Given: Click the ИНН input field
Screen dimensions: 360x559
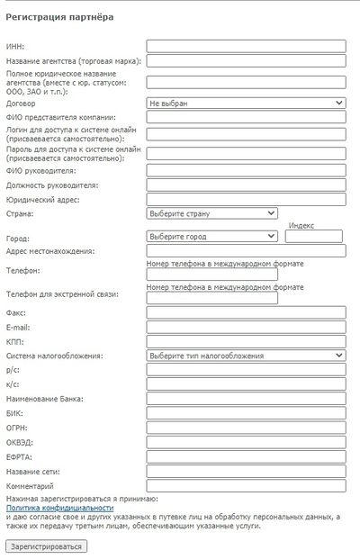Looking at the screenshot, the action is (x=246, y=46).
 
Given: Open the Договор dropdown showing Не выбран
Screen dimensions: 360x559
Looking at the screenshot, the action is (x=246, y=104).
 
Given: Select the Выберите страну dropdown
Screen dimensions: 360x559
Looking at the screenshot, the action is (x=211, y=213).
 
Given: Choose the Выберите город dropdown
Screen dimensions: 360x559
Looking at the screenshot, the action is (x=211, y=237).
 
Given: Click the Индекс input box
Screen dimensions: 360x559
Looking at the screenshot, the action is (x=314, y=237).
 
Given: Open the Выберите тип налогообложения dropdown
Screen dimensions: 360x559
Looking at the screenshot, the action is (x=246, y=356).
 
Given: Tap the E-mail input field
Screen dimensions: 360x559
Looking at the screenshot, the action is (x=246, y=327).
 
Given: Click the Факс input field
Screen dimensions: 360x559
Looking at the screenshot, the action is (x=246, y=312).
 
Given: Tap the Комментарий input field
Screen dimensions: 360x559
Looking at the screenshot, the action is (x=246, y=486).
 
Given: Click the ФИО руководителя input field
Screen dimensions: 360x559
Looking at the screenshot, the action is (x=246, y=170).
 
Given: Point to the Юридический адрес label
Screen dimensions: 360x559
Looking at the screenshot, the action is (x=39, y=199).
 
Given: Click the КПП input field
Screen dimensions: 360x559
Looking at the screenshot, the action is (x=246, y=341).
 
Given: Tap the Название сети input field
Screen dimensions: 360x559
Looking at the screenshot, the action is (x=246, y=472).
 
